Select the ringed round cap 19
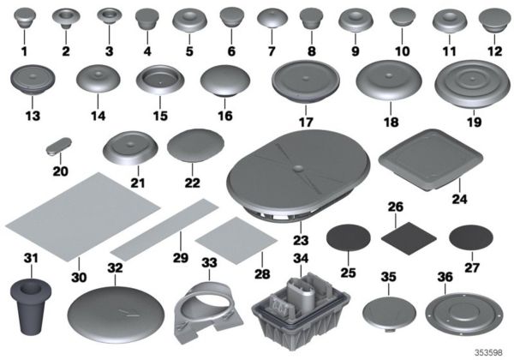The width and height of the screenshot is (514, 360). point(468,89)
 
